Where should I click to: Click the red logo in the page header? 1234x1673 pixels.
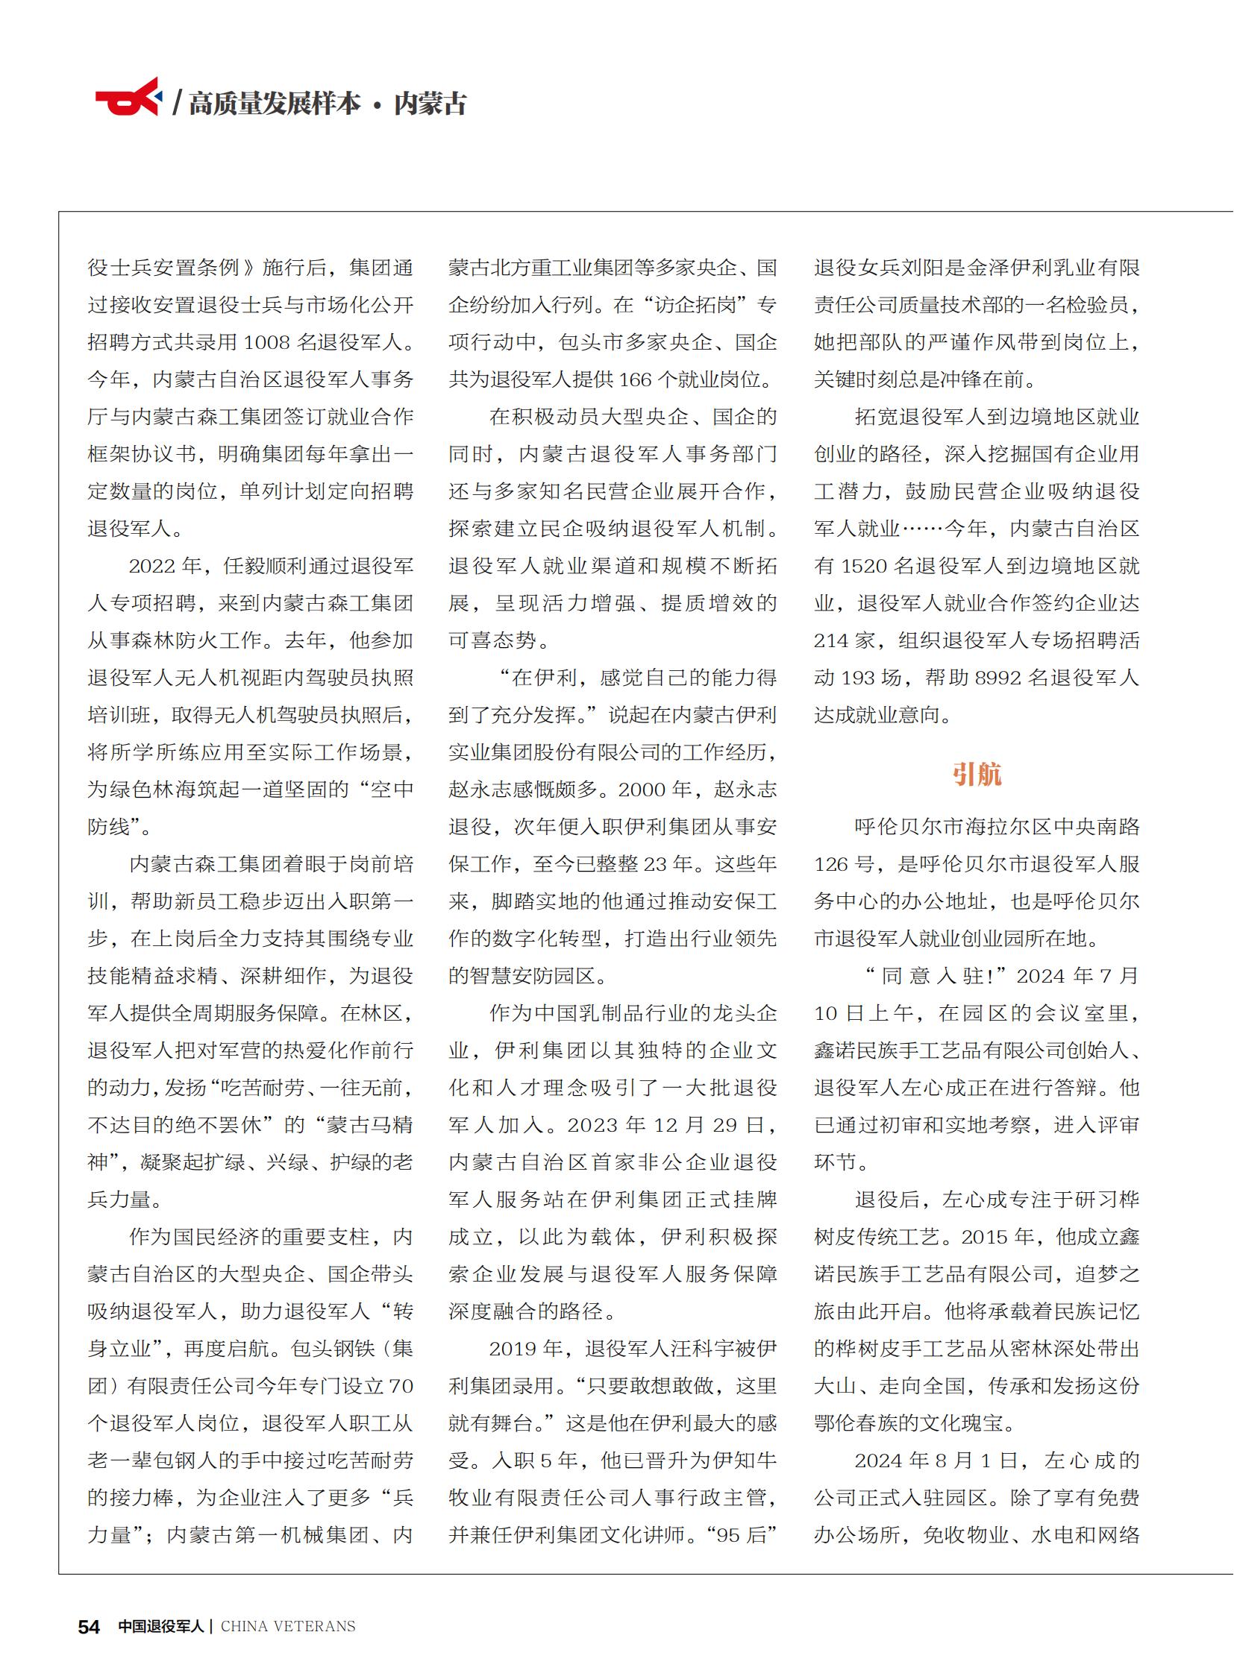(128, 98)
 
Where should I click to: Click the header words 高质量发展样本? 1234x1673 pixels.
(274, 103)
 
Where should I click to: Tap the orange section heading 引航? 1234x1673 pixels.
(977, 774)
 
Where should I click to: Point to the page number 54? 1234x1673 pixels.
(89, 1627)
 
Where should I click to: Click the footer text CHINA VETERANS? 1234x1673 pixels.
(288, 1627)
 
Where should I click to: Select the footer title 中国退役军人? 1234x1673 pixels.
(160, 1627)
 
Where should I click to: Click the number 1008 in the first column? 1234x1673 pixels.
(266, 343)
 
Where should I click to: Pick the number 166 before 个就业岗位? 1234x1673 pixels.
(635, 380)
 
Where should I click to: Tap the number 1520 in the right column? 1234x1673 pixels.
(864, 567)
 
